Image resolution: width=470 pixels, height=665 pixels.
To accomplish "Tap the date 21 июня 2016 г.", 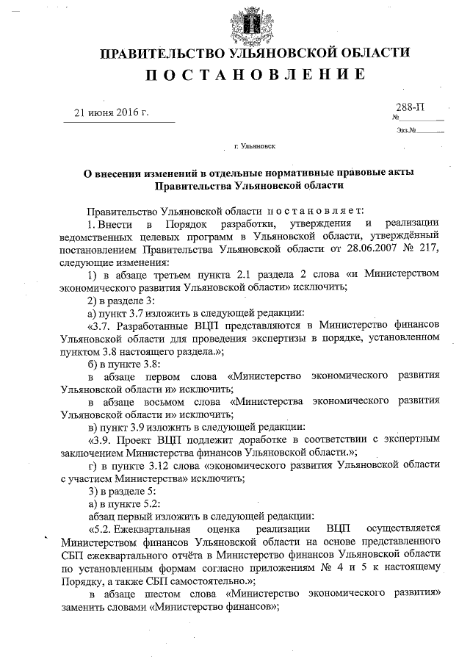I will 112,112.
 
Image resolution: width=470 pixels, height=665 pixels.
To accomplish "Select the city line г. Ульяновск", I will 255,147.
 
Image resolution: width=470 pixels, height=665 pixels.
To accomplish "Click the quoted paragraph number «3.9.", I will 100,439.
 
